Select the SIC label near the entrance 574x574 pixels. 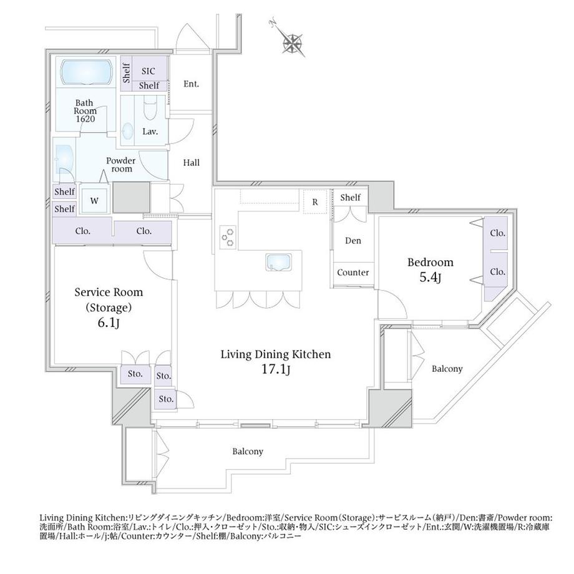[x=148, y=71]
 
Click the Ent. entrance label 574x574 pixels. [x=191, y=84]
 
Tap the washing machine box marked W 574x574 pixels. [x=94, y=201]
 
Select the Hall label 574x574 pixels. [x=192, y=163]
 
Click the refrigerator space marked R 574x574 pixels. [x=315, y=202]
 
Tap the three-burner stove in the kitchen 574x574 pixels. [x=228, y=236]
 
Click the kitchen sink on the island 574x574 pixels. [x=278, y=262]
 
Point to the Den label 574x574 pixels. [x=353, y=241]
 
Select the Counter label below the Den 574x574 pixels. [x=353, y=273]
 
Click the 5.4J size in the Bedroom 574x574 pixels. [x=431, y=278]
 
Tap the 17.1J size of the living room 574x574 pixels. [x=275, y=370]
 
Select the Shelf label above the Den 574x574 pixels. [x=351, y=198]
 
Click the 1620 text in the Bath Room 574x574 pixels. [x=85, y=119]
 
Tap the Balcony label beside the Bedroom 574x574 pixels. [x=447, y=369]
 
